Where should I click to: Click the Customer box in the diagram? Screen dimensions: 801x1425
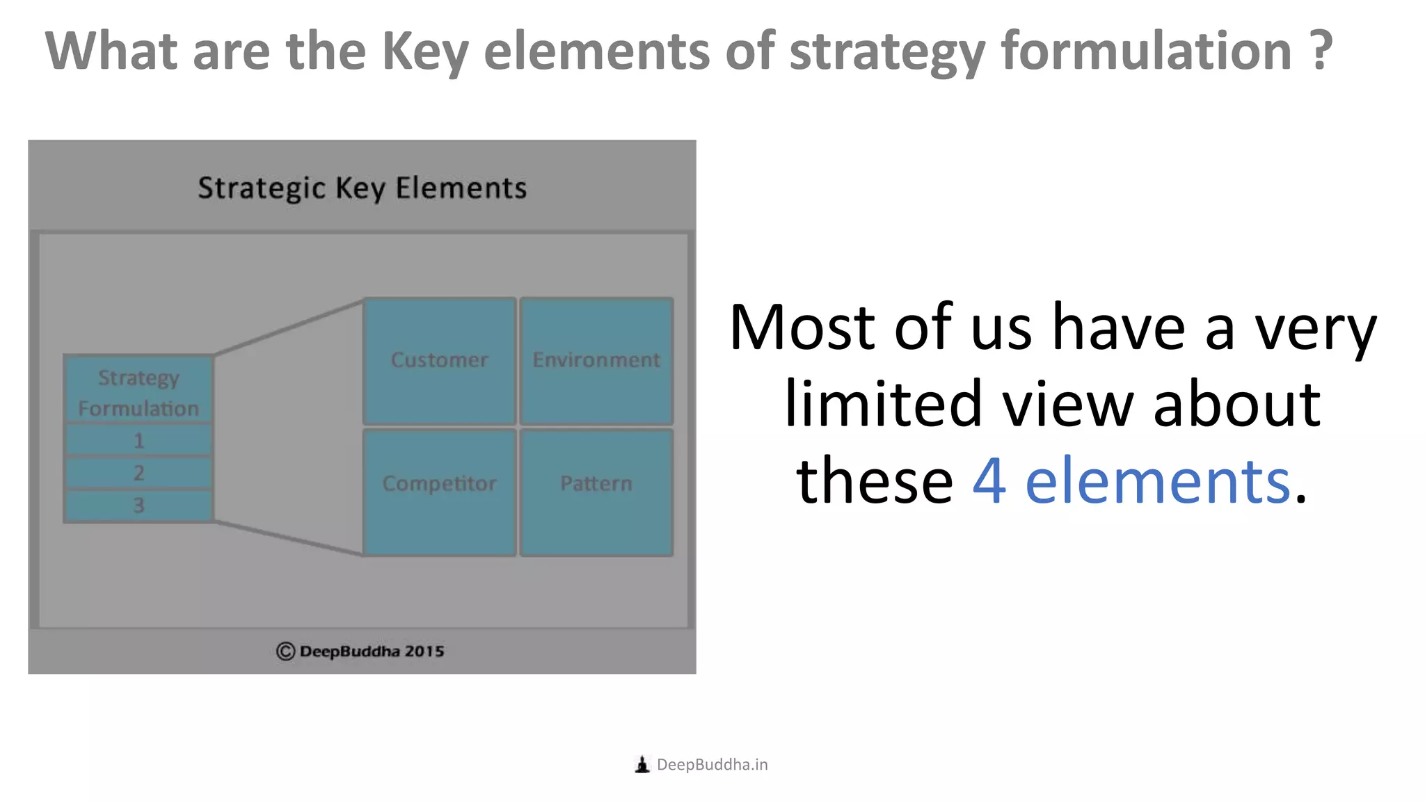tap(439, 361)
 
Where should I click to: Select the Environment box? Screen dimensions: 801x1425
tap(596, 361)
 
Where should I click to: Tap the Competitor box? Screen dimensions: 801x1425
tap(439, 492)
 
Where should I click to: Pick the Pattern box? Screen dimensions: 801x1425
tap(596, 492)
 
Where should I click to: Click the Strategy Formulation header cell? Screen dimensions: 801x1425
tap(138, 391)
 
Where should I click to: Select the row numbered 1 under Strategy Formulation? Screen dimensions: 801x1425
tap(138, 441)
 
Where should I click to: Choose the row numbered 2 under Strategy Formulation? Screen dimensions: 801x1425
tap(138, 473)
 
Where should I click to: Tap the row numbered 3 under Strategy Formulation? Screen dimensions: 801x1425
tap(138, 505)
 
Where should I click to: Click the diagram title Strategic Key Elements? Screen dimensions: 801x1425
tap(362, 188)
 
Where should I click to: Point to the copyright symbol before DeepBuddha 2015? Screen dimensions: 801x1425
tap(285, 652)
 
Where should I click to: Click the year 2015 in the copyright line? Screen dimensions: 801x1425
tap(424, 652)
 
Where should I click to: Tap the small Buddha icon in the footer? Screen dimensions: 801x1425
tap(642, 765)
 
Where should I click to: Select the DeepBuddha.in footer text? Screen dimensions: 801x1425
tap(712, 765)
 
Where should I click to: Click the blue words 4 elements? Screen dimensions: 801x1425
tap(1131, 481)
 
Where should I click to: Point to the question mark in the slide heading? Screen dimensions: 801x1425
tap(1320, 51)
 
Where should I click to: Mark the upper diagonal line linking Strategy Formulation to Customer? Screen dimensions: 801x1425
tap(289, 327)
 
